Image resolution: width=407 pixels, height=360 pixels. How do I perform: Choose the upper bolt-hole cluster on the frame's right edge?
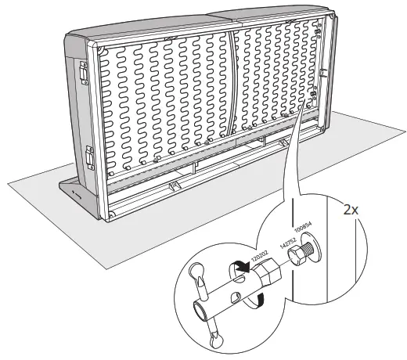pyautogui.click(x=320, y=31)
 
